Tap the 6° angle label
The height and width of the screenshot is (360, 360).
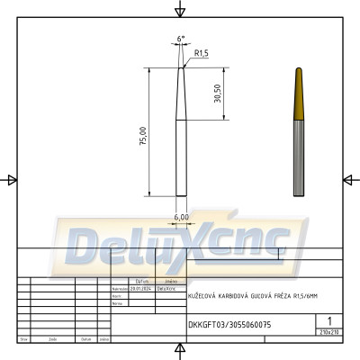pyautogui.click(x=181, y=39)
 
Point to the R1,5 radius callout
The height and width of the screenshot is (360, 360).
pyautogui.click(x=202, y=54)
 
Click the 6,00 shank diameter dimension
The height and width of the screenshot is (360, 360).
pyautogui.click(x=180, y=217)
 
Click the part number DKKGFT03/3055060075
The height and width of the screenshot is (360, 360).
pyautogui.click(x=229, y=324)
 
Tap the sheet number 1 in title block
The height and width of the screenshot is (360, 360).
pyautogui.click(x=331, y=320)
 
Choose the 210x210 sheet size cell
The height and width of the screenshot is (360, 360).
pyautogui.click(x=331, y=332)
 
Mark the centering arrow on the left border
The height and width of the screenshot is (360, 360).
pyautogui.click(x=12, y=180)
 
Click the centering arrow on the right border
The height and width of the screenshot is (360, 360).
pyautogui.click(x=348, y=180)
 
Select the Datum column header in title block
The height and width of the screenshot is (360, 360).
pyautogui.click(x=85, y=339)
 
